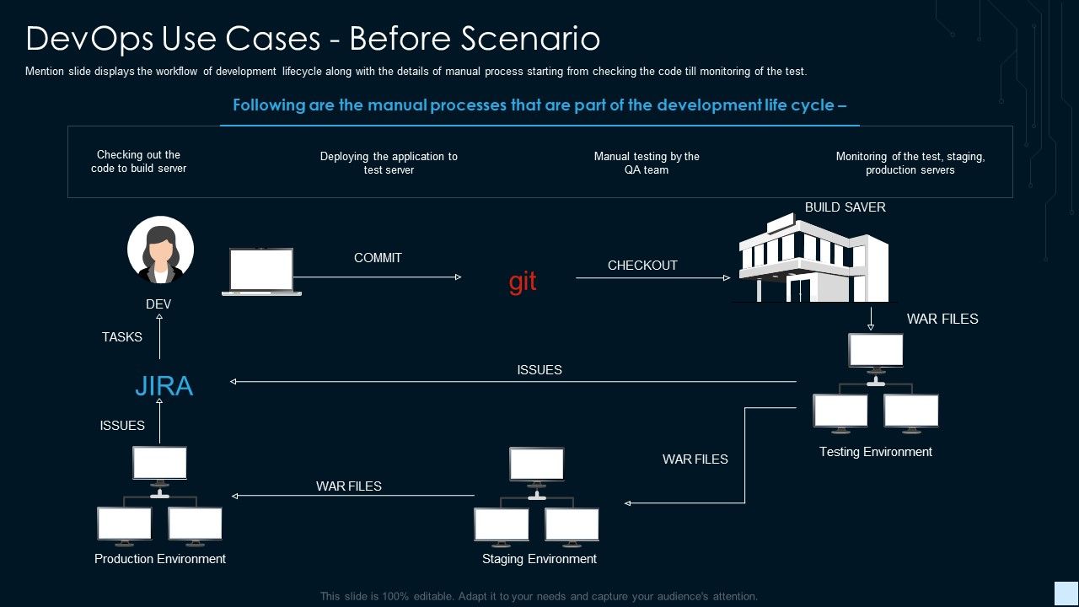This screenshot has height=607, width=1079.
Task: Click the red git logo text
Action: coord(523,282)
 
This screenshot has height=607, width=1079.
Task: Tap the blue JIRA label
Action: coord(164,386)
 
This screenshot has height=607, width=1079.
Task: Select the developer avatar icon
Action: coord(160,250)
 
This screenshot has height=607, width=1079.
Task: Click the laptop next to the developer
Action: coord(261,271)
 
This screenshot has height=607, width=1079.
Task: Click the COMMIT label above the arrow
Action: coord(378,258)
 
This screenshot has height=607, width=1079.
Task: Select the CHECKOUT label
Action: coord(642,266)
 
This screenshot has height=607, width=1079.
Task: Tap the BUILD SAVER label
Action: coord(845,207)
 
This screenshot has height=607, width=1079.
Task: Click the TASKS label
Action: coord(122,337)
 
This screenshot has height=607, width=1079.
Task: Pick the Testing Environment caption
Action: coord(876,452)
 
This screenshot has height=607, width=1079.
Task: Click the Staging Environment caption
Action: coord(539,559)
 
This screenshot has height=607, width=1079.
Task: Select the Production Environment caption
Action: coord(160,559)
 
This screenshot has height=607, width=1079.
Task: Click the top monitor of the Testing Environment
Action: coord(876,351)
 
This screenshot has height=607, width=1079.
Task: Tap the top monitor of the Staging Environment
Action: coord(537,465)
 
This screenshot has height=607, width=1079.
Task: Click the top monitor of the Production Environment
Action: coord(159,464)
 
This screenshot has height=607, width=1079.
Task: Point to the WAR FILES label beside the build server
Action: coord(942,320)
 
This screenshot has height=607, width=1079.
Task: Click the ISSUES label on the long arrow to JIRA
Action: coord(539,370)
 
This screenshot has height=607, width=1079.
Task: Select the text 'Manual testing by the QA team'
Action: coord(647,163)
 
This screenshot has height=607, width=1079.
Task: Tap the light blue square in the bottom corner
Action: coord(1066,592)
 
